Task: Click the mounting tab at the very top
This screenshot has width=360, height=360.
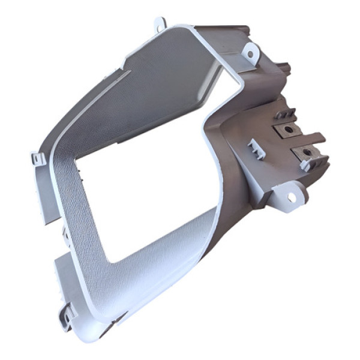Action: [160, 23]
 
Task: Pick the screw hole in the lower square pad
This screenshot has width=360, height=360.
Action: [308, 153]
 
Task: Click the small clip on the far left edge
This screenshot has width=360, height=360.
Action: [38, 160]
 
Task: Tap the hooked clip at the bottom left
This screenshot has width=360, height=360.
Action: [68, 311]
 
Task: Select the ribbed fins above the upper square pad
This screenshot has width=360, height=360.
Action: [288, 114]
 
